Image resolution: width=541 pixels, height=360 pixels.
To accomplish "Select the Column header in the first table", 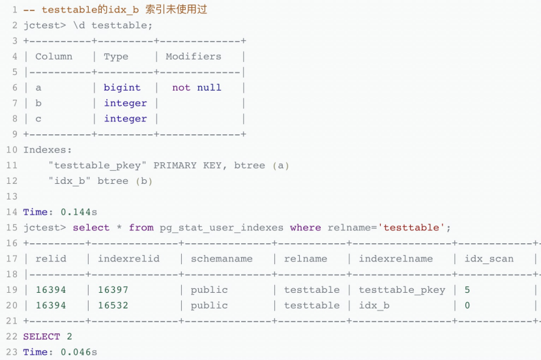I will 53,56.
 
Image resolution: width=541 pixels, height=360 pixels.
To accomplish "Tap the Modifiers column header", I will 194,56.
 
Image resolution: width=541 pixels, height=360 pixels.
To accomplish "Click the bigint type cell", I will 122,87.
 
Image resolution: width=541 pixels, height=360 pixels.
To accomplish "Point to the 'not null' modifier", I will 196,87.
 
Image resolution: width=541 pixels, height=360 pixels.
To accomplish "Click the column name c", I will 38,119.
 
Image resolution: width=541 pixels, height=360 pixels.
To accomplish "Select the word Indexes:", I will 48,149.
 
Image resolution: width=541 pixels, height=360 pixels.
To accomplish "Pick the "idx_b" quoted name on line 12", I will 70,181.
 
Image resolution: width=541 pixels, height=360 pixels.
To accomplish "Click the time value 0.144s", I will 79,212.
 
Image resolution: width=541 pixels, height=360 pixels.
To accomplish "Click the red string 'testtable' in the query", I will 414,228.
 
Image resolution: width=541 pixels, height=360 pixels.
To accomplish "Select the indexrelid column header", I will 128,259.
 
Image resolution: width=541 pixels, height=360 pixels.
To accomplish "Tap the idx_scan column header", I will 489,259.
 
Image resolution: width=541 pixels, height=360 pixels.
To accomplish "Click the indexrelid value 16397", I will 113,290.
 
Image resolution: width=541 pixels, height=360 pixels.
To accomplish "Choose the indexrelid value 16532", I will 113,305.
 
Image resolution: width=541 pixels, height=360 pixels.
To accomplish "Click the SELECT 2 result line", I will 48,337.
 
